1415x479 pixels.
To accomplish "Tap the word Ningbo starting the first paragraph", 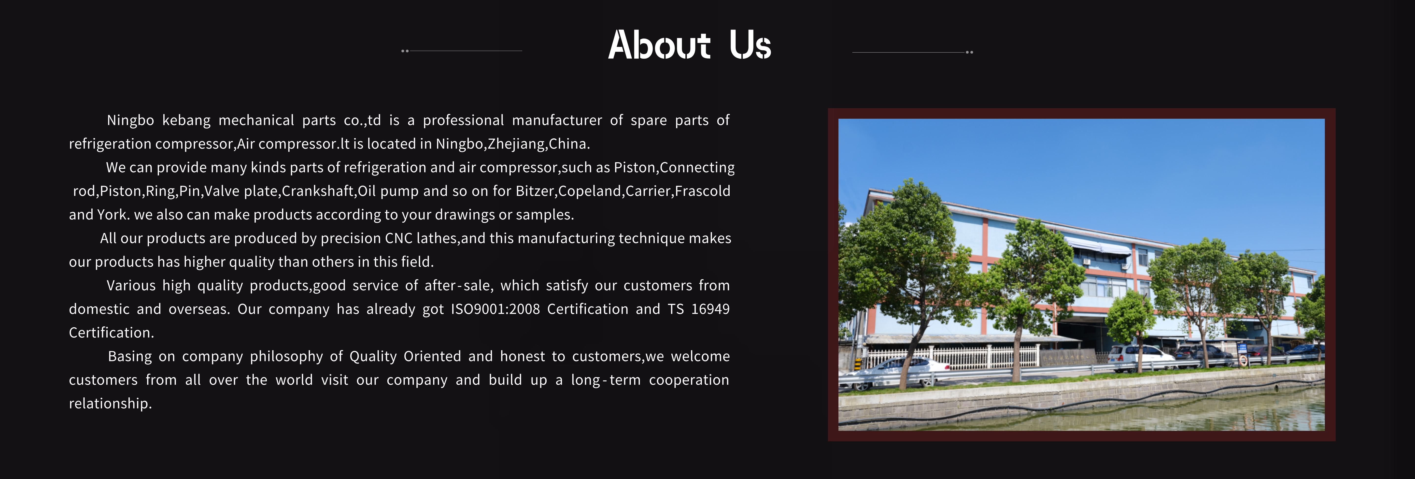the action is point(130,120).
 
